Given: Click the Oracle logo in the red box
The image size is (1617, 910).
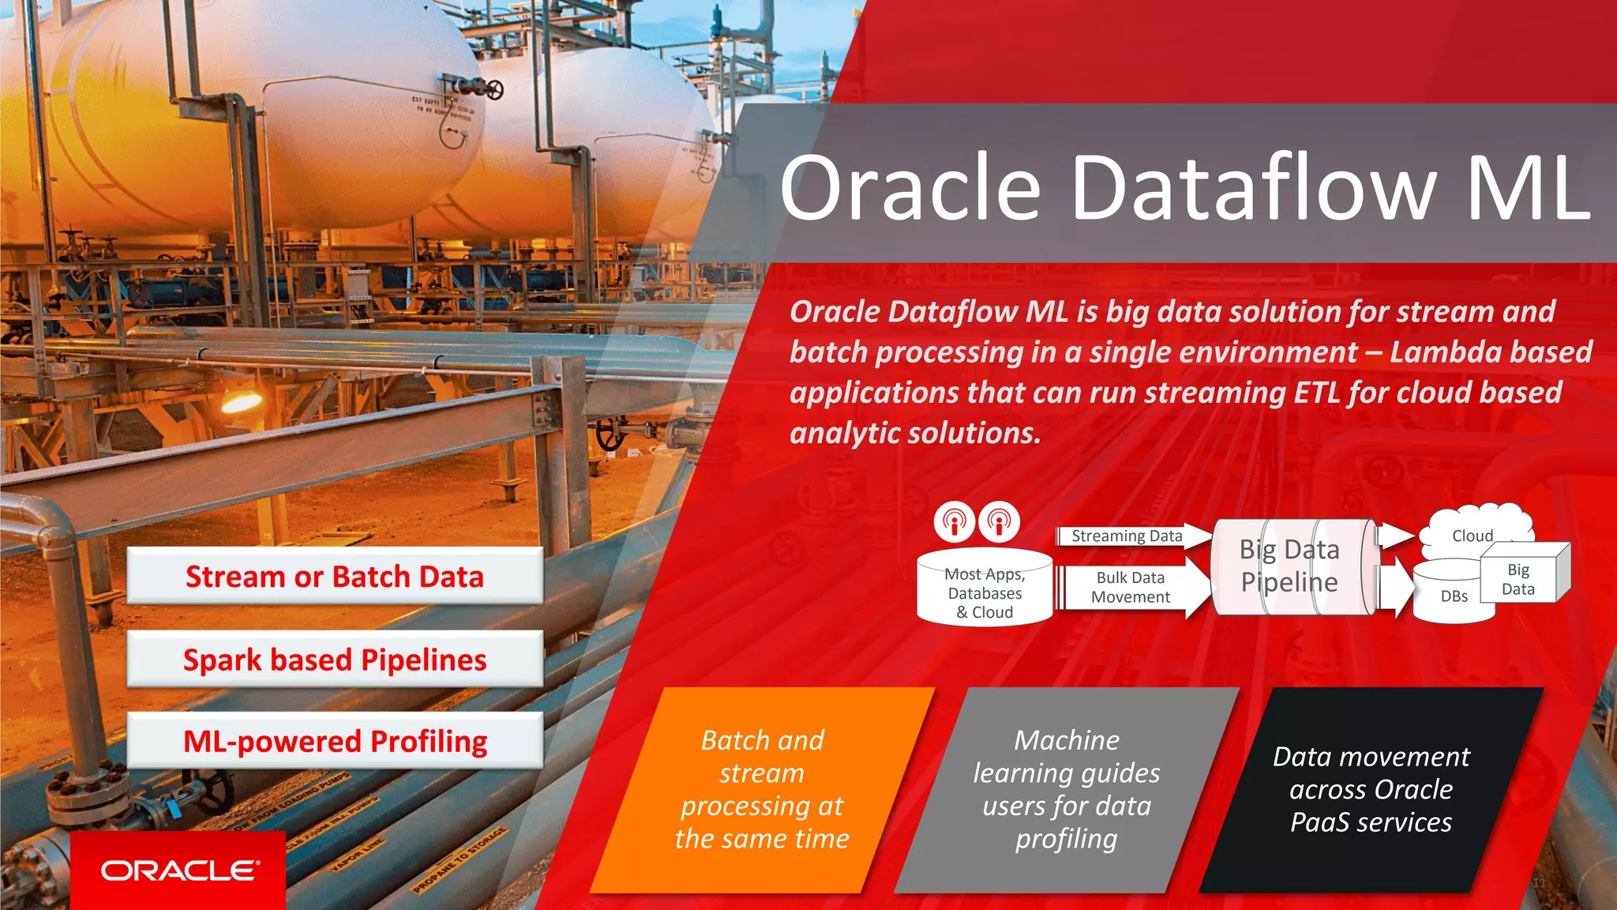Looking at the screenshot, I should (179, 871).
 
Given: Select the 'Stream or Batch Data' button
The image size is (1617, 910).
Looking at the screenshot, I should (335, 577).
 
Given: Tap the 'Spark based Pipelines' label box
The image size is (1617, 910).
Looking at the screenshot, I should (335, 660).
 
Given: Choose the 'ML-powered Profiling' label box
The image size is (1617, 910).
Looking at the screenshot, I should (335, 741).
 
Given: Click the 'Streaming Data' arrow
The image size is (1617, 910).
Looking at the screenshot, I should (1129, 536).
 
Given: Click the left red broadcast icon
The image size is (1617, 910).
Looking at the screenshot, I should (955, 521).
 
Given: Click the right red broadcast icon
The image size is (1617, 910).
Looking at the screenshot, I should (999, 521).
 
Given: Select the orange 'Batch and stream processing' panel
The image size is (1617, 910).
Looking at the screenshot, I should (762, 790).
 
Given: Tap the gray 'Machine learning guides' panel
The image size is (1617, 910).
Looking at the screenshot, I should (1066, 790).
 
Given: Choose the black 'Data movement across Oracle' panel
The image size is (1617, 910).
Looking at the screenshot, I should (1371, 790).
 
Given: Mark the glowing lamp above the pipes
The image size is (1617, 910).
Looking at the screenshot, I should (241, 403).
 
